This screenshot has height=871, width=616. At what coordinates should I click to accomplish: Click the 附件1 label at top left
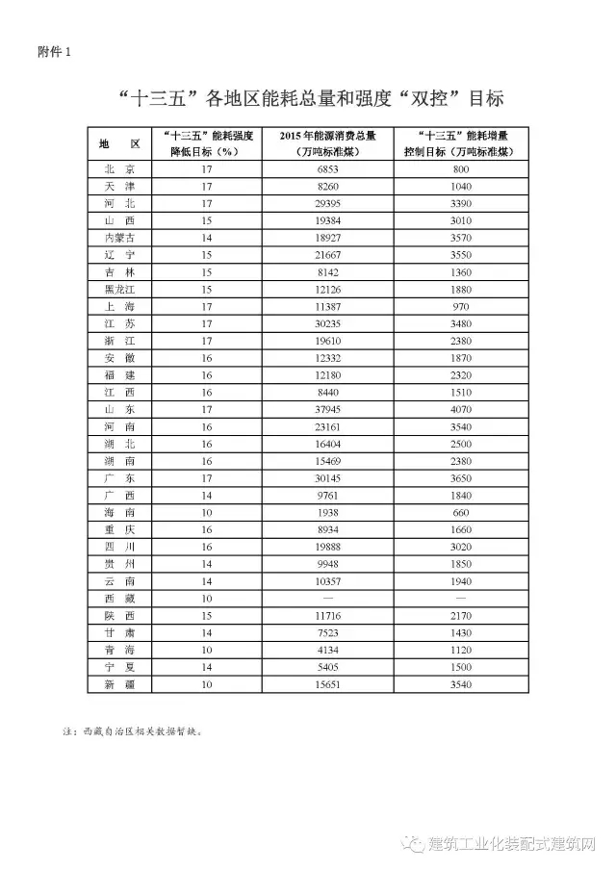[49, 51]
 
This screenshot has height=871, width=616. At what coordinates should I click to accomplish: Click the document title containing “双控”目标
[308, 99]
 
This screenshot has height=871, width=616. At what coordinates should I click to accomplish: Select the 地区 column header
[119, 143]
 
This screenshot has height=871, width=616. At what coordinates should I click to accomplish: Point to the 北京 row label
[119, 168]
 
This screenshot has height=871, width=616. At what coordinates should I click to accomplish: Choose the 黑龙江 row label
[119, 289]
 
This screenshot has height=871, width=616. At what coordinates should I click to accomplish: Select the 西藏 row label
[119, 598]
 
